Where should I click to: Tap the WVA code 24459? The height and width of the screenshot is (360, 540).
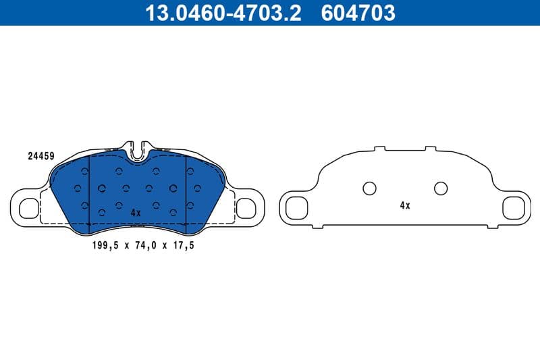pos(40,155)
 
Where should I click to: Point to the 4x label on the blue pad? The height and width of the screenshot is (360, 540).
pos(135,212)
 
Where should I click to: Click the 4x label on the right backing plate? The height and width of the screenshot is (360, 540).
pos(404,205)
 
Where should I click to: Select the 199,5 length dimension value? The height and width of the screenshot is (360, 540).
pos(105,246)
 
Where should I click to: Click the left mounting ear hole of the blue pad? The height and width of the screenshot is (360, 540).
pos(28,208)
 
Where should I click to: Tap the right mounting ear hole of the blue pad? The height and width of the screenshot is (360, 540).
pos(246,208)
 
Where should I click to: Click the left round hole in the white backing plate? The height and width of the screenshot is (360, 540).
pos(369,188)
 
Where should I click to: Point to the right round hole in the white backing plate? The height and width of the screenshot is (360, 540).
pos(441,188)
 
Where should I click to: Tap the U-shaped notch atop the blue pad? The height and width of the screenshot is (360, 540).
pos(138,149)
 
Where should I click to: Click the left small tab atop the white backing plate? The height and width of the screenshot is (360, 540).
pos(379,147)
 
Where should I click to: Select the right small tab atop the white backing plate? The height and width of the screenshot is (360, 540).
pos(431,147)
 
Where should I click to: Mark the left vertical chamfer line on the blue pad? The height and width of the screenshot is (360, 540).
pos(90,189)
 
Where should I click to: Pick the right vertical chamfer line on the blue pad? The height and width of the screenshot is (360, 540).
pos(186,189)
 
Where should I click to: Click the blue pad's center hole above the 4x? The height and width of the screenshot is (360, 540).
pos(137,188)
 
